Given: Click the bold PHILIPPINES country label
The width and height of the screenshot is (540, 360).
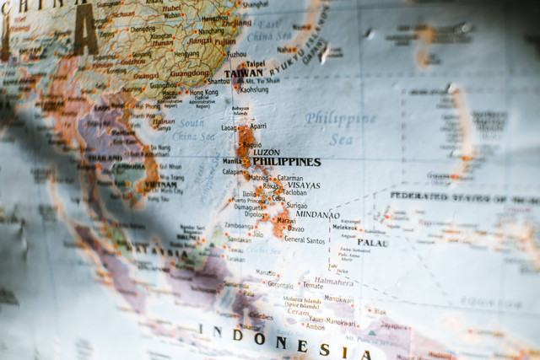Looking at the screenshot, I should click(286, 162).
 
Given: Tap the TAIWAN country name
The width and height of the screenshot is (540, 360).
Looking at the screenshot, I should click(243, 73).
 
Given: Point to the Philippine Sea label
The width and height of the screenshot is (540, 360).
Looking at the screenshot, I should click(340, 127).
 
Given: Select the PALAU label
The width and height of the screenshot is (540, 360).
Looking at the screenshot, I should click(372, 243).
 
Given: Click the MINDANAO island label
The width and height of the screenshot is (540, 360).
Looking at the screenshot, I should click(317, 215).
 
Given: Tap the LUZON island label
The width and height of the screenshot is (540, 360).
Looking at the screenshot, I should click(267, 153).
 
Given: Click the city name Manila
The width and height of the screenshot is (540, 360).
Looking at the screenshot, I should click(232, 161).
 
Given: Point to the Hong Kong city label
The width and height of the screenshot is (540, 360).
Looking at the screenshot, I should click(203, 93).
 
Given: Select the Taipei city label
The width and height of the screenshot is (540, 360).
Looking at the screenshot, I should click(255, 63).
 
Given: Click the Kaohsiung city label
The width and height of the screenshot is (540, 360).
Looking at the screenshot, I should click(254, 89).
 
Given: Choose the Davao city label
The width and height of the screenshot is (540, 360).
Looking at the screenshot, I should click(295, 228).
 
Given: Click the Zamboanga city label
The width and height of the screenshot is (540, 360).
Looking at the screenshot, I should click(240, 226).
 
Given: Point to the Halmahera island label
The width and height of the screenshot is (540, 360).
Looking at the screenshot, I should click(333, 281).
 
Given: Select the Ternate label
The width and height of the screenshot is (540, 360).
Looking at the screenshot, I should click(312, 286).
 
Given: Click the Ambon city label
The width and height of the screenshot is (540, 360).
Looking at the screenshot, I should click(315, 327).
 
